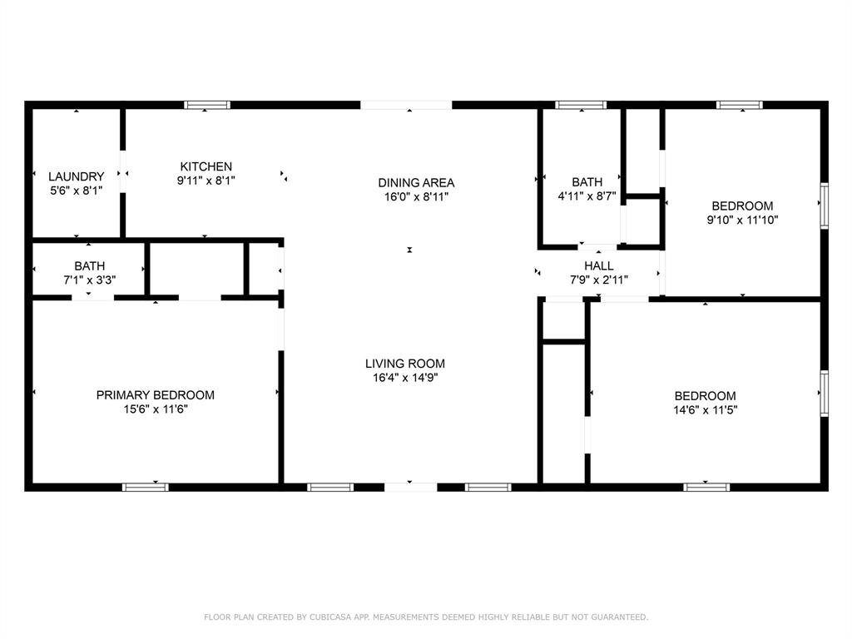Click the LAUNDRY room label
click(x=76, y=176)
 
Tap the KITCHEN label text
click(x=206, y=166)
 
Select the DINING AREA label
click(x=416, y=182)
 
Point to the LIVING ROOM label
click(x=405, y=364)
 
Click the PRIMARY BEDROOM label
click(x=156, y=395)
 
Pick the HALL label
click(x=599, y=265)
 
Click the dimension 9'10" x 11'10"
click(x=742, y=220)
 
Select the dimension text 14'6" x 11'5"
click(x=706, y=410)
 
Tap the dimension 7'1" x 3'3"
click(x=90, y=280)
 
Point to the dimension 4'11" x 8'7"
click(x=587, y=196)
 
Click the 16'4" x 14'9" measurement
click(x=405, y=378)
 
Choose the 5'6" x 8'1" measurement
click(x=76, y=191)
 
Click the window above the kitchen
click(x=206, y=105)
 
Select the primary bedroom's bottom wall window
click(x=145, y=487)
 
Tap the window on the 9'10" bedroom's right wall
click(x=825, y=206)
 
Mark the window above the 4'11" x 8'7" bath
click(x=581, y=105)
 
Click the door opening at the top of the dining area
click(x=406, y=105)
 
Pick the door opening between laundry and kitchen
click(x=123, y=171)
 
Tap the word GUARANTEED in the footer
click(x=619, y=617)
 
